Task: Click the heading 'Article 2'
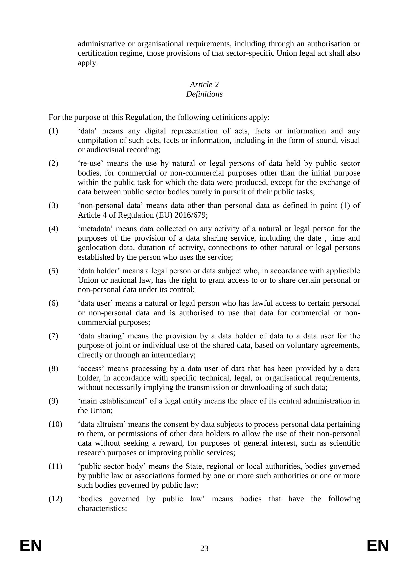(x=204, y=84)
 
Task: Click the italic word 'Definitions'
(x=204, y=94)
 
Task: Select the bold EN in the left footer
(x=31, y=546)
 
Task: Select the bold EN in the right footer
(x=378, y=546)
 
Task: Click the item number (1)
(x=53, y=131)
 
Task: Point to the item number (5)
(x=53, y=271)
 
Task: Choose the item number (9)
(x=53, y=401)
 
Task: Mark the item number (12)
(x=55, y=499)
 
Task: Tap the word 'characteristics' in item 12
(x=102, y=508)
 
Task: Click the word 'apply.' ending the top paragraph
(x=88, y=63)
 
